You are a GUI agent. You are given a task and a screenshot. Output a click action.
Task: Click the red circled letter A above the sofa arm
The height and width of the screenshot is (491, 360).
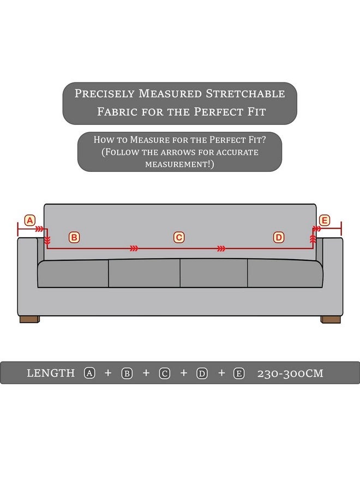click(30, 220)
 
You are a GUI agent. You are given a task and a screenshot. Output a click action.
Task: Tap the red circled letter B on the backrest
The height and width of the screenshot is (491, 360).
click(74, 237)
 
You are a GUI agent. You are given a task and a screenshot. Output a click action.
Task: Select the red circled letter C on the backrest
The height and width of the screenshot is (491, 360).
click(179, 237)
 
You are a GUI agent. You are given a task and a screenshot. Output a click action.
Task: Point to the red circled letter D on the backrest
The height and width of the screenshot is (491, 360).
click(279, 237)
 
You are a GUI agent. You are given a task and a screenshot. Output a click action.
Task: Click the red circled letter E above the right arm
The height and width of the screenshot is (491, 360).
click(325, 220)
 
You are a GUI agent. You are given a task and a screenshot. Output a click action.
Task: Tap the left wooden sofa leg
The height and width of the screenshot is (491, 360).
click(30, 319)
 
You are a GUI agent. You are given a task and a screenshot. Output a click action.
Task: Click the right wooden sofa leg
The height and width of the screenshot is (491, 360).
click(331, 319)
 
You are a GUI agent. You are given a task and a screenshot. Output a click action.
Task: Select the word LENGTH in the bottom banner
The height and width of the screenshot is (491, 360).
click(51, 373)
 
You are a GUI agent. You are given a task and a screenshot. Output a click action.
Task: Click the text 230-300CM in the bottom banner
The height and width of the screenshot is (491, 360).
click(290, 373)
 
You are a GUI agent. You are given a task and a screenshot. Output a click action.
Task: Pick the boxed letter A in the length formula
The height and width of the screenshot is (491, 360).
click(89, 373)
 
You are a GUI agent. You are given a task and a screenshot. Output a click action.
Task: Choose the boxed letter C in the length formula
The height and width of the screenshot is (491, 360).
click(165, 373)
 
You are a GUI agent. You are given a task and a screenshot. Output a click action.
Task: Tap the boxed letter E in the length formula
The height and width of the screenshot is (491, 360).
click(239, 373)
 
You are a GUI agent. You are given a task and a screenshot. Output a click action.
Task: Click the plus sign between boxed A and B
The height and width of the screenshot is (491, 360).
click(108, 373)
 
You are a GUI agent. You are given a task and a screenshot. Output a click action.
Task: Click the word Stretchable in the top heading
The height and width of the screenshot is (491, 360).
click(245, 94)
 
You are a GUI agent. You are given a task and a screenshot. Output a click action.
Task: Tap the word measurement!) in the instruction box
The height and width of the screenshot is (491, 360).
click(179, 164)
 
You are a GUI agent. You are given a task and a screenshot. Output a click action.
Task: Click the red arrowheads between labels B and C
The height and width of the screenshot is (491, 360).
click(134, 249)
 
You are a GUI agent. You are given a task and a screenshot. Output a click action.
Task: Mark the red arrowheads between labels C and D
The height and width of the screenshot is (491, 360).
click(221, 249)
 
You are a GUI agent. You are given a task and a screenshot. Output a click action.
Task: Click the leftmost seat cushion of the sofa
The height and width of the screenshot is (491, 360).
click(73, 273)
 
